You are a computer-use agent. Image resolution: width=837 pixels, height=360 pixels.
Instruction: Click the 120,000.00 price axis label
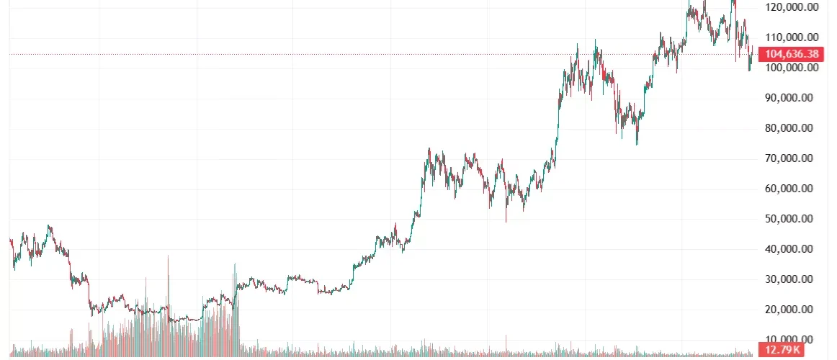point(792,7)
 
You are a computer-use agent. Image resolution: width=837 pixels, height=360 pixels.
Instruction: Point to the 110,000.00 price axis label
point(792,37)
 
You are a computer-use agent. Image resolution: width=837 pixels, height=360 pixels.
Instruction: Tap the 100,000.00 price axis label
point(792,68)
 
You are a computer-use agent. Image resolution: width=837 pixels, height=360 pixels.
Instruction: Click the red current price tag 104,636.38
point(792,54)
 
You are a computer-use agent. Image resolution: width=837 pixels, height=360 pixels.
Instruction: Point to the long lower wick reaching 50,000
point(506,216)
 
